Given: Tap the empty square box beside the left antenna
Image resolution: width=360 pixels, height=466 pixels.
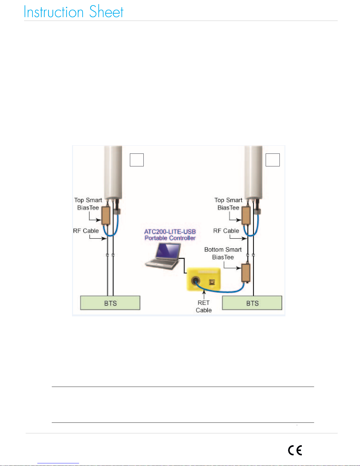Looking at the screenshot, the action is [x=137, y=160].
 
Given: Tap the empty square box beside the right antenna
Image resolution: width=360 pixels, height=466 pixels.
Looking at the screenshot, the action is [x=273, y=160].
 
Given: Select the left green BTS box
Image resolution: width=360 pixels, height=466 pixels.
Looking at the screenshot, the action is [x=110, y=303].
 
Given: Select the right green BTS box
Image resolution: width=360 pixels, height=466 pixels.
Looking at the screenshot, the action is [x=252, y=303].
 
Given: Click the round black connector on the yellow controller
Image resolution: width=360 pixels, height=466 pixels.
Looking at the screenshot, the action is [x=195, y=280].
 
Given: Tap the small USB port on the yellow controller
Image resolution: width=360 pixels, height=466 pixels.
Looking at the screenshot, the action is [x=212, y=282].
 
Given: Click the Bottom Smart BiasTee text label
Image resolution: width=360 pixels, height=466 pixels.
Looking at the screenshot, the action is [x=223, y=253].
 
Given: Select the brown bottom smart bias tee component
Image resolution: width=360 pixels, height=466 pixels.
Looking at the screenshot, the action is [x=246, y=273].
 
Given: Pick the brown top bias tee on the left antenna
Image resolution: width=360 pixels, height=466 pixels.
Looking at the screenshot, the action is [x=106, y=215].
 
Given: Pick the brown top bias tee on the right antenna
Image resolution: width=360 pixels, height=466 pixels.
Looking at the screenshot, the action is [x=246, y=215].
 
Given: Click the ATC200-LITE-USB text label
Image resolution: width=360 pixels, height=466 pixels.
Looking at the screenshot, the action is [x=170, y=232].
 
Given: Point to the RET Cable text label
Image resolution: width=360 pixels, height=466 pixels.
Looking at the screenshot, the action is [x=204, y=306].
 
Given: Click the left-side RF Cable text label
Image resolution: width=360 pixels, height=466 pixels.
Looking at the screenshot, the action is [x=86, y=231].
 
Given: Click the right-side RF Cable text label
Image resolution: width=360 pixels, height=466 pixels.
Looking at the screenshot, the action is [x=226, y=231].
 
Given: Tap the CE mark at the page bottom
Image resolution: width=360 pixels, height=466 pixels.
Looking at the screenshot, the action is [x=295, y=450].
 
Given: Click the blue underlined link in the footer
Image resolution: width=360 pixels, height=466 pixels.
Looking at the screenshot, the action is [x=58, y=463].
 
